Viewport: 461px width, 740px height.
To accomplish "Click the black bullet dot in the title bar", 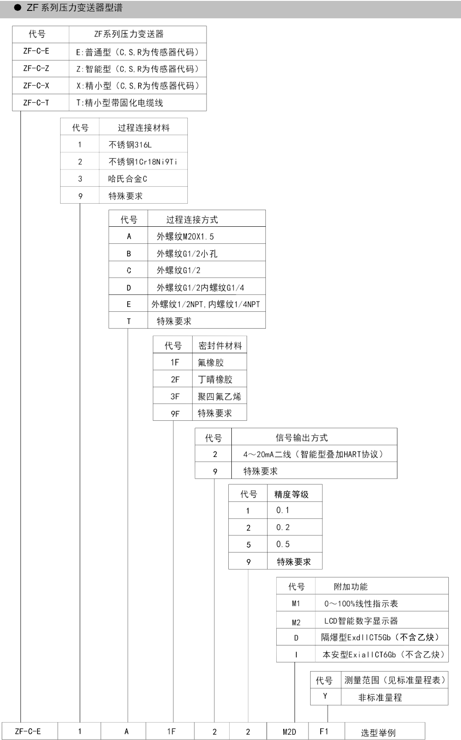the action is coord(18,7).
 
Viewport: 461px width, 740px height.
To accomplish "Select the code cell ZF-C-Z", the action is coord(36,68).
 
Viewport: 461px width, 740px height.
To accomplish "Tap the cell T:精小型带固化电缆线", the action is coord(119,103).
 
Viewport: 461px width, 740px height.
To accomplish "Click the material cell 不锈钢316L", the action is coord(130,145).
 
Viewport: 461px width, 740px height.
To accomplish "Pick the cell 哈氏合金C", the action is coord(127,179).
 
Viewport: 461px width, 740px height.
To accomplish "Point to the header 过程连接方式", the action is coord(192,219).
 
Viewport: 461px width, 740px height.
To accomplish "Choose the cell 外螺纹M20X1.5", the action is coord(185,236).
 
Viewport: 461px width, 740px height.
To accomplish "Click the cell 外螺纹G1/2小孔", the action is coord(187,254).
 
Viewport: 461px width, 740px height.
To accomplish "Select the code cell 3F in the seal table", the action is coord(175,396).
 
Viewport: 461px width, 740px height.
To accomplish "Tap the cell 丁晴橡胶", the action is coord(215,379).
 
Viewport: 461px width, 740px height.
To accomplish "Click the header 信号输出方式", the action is coord(302,438).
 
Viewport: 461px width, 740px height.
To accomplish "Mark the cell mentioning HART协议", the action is coord(313,454).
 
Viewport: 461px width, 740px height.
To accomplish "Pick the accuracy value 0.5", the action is coord(283,544).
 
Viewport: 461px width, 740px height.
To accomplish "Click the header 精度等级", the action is coord(292,494).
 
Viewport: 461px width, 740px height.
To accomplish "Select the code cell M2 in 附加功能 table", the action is coord(296,622).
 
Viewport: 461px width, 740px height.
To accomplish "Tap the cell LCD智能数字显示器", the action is coord(361,621).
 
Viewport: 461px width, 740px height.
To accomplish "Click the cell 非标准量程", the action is coord(380,697).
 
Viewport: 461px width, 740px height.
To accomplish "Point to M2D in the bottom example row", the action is coord(289,732).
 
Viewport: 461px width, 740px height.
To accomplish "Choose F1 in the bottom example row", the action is coord(324,731).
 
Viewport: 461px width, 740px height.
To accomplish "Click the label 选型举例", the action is coord(378,733).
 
